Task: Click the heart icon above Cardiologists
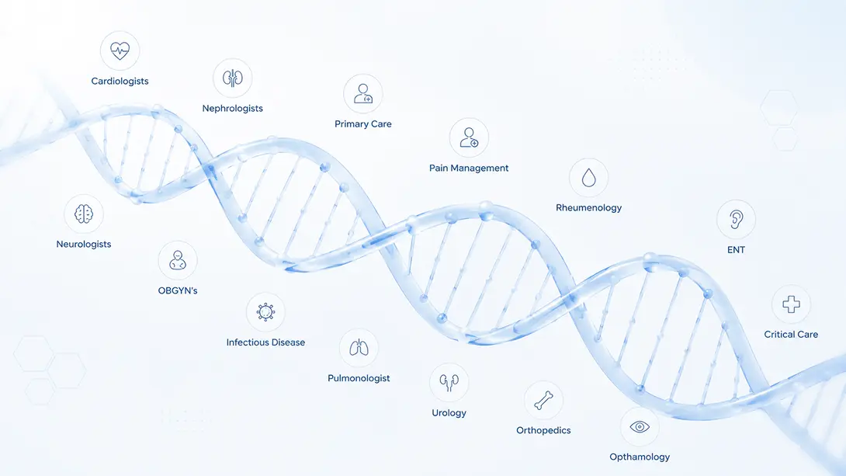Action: click(120, 50)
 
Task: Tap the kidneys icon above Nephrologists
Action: click(233, 78)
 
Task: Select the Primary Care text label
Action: click(363, 124)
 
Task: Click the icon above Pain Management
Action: click(469, 137)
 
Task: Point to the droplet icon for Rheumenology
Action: click(588, 178)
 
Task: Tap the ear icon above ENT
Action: click(736, 219)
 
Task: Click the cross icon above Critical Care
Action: click(791, 304)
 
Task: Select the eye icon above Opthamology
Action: click(640, 427)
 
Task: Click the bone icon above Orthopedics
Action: click(543, 401)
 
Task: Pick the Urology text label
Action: click(449, 413)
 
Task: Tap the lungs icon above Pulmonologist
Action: click(359, 348)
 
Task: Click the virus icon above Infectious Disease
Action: click(265, 312)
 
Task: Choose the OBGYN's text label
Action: click(178, 291)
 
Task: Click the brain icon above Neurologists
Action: click(84, 214)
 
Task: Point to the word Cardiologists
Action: click(120, 81)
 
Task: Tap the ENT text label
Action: click(736, 250)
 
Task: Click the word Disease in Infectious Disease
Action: click(288, 342)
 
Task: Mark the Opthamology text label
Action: click(640, 457)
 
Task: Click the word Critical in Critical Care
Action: click(779, 335)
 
